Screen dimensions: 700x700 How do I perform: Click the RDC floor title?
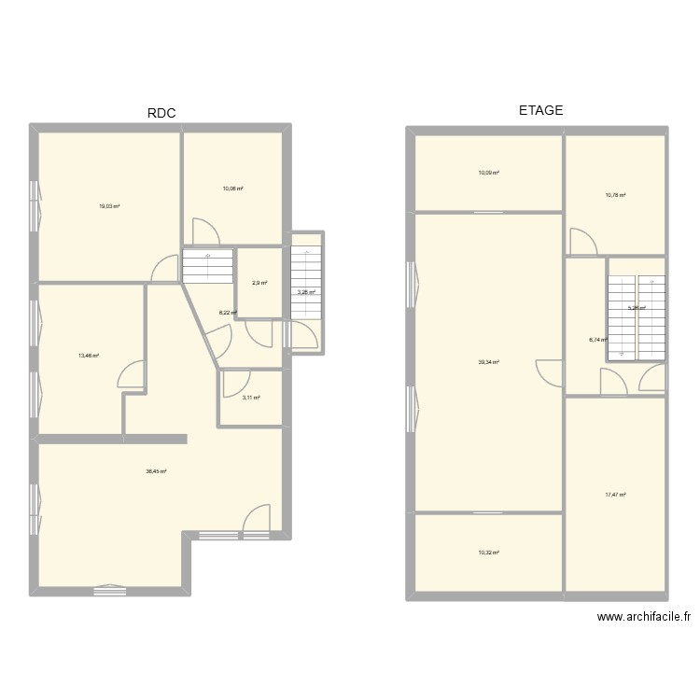161,114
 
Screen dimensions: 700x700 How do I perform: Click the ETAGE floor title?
540,110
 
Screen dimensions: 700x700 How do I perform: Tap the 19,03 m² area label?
109,206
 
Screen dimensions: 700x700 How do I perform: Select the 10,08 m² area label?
232,189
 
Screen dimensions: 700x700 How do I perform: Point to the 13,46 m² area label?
89,355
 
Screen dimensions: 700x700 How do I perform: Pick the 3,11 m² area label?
250,398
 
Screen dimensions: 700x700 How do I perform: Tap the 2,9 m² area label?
259,283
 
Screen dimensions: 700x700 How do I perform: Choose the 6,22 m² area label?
228,313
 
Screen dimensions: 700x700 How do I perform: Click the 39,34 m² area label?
489,362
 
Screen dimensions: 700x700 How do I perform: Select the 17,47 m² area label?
615,495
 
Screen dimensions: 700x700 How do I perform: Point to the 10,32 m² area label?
489,553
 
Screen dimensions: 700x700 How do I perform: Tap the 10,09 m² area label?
489,173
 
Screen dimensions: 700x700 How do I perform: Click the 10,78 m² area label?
615,195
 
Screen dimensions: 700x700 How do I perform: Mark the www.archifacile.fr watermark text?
644,617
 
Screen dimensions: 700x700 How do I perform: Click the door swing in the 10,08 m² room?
204,231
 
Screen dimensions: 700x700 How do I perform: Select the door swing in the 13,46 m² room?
131,375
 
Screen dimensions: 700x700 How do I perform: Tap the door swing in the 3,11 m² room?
235,383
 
